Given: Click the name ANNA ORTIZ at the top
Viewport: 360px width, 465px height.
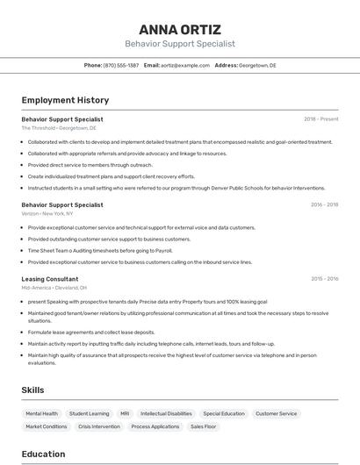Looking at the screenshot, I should tap(180, 29).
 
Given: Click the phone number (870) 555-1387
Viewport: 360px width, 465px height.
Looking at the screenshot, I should tap(121, 66).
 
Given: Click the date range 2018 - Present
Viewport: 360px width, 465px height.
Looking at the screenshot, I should tap(321, 119).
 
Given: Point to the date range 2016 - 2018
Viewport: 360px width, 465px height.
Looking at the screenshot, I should tap(324, 204).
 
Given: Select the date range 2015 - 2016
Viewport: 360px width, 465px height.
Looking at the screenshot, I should tap(324, 279).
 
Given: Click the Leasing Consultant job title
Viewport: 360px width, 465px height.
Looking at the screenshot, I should tap(50, 279).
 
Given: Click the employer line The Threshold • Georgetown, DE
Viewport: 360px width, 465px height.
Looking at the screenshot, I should tap(59, 128).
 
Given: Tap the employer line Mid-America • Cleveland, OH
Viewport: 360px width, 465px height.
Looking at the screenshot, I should tap(54, 288).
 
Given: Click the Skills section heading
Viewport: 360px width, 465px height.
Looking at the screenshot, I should tap(33, 390).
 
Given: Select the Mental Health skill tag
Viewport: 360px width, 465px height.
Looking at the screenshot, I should tap(42, 413).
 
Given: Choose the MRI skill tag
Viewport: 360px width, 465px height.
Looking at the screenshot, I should tap(125, 413).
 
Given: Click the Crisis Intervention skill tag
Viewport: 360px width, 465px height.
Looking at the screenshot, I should tap(99, 426).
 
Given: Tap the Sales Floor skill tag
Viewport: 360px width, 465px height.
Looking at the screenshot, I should tap(205, 426).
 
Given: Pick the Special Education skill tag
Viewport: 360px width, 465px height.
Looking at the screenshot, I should tap(224, 413).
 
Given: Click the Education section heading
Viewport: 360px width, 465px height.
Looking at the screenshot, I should tap(44, 454).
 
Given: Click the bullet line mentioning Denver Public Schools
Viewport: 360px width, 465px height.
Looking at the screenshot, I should tap(176, 187).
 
